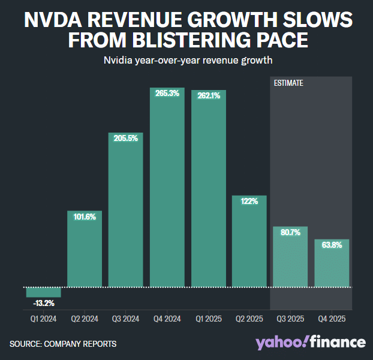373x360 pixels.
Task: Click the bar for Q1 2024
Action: pos(43,292)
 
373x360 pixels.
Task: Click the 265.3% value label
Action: pos(167,94)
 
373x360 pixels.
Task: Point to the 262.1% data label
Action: pos(208,95)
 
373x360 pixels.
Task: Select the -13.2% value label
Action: pos(43,302)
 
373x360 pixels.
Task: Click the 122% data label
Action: pos(249,202)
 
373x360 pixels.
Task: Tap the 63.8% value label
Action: pos(332,245)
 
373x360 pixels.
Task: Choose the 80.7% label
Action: pos(291,232)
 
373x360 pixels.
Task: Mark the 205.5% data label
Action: pos(125,138)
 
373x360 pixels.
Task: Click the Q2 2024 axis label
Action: pos(85,319)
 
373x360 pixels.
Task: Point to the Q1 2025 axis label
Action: pos(208,319)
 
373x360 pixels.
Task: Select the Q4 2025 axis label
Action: pos(332,319)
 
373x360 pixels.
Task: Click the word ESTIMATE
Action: pos(288,83)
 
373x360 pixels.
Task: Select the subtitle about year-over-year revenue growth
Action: pos(186,61)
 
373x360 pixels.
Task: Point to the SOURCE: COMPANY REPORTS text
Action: pos(63,344)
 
